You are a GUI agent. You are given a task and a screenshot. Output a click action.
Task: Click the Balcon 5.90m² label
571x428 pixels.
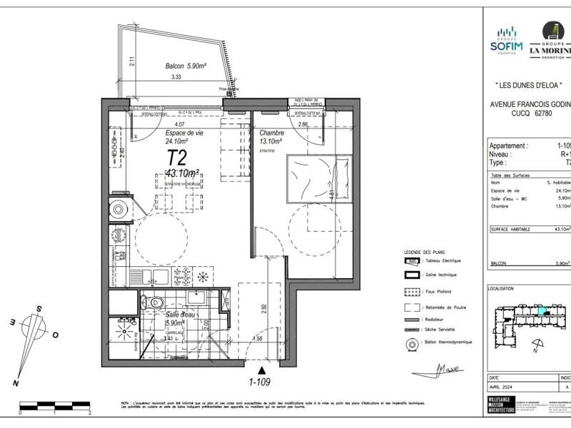[186, 66]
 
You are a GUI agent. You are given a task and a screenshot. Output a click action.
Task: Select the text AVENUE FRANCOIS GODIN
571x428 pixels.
[528, 103]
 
